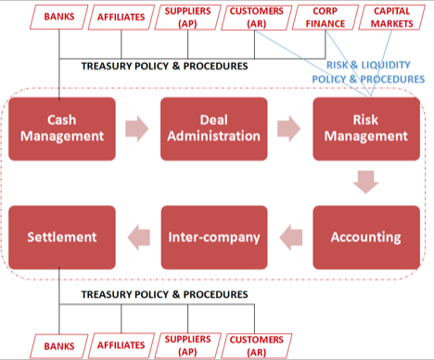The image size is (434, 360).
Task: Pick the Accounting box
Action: tap(366, 237)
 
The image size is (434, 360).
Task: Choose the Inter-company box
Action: tap(214, 237)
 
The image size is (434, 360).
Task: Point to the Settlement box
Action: tap(61, 237)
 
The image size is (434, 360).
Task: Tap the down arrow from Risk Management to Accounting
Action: tap(366, 182)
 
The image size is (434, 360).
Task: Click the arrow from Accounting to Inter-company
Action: tap(290, 237)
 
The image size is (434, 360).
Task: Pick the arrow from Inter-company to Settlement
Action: tap(137, 237)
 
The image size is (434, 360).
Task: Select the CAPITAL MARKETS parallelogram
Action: tap(392, 17)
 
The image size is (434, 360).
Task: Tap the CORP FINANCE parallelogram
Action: tap(324, 17)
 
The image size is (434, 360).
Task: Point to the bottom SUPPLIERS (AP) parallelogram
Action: tap(186, 345)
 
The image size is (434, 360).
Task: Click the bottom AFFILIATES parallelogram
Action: tap(121, 345)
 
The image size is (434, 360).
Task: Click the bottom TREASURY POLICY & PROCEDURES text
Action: tap(165, 294)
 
